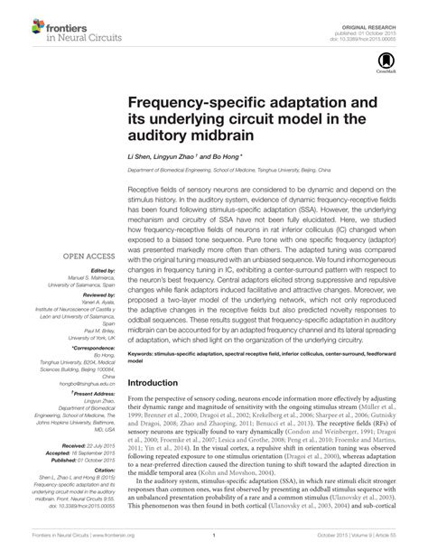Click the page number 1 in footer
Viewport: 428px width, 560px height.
pos(213,547)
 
